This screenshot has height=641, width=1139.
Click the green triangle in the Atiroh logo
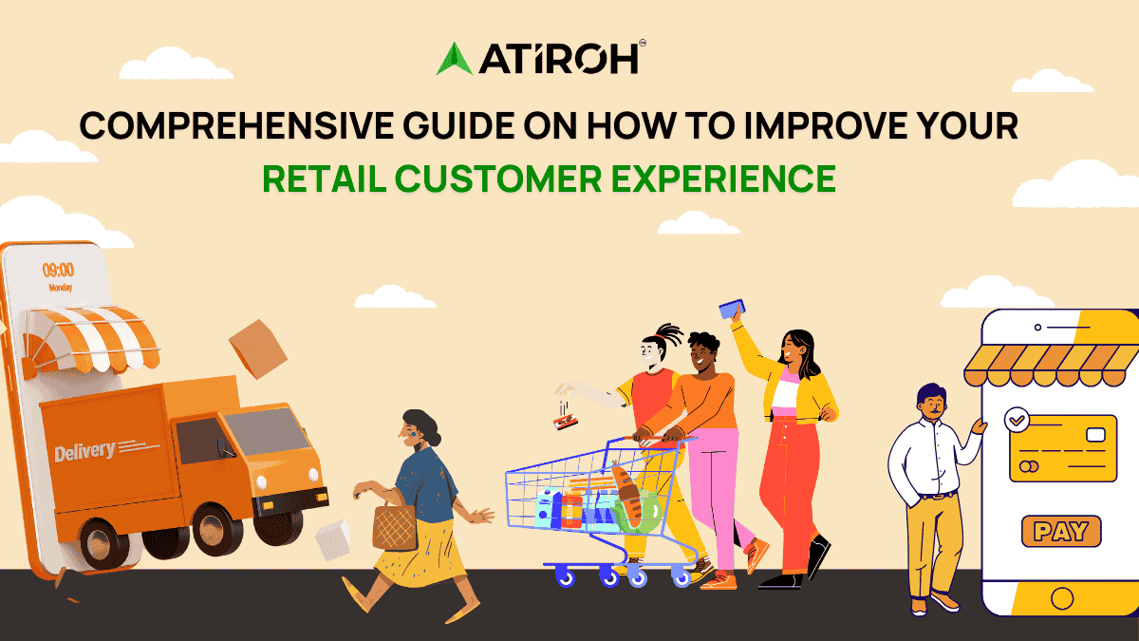tap(454, 59)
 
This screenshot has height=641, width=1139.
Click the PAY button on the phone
tap(1060, 531)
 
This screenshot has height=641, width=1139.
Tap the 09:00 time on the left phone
tap(59, 270)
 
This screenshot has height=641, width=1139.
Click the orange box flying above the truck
tap(257, 349)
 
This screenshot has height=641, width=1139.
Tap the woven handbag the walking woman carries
tap(394, 526)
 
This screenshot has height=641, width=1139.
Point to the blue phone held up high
tap(732, 309)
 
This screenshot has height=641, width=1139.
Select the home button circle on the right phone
tap(1061, 599)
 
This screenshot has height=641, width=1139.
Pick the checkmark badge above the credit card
tap(1018, 417)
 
